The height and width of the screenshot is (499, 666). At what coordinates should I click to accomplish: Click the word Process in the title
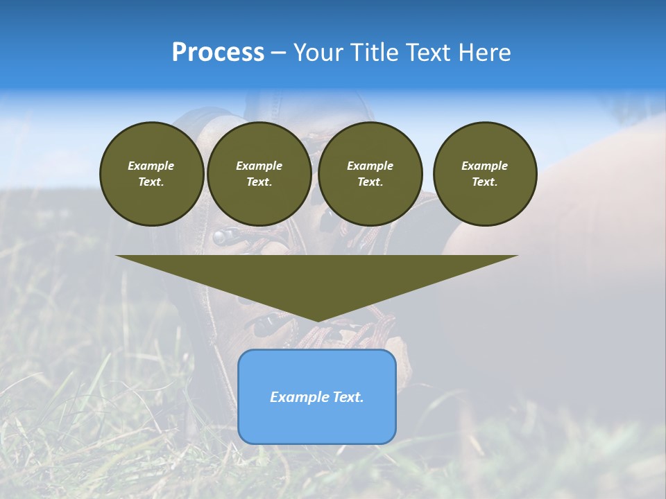[218, 53]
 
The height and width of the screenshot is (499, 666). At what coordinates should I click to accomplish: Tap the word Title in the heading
[373, 53]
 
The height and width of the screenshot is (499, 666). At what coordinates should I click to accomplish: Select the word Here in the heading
[484, 53]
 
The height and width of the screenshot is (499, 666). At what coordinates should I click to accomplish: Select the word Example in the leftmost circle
[151, 166]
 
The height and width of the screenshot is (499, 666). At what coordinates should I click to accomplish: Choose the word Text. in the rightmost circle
[484, 182]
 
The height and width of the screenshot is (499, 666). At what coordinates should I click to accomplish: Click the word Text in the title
[429, 53]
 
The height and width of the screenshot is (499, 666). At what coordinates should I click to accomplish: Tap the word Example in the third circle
[370, 166]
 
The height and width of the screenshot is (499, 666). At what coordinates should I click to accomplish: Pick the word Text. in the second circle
[259, 182]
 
